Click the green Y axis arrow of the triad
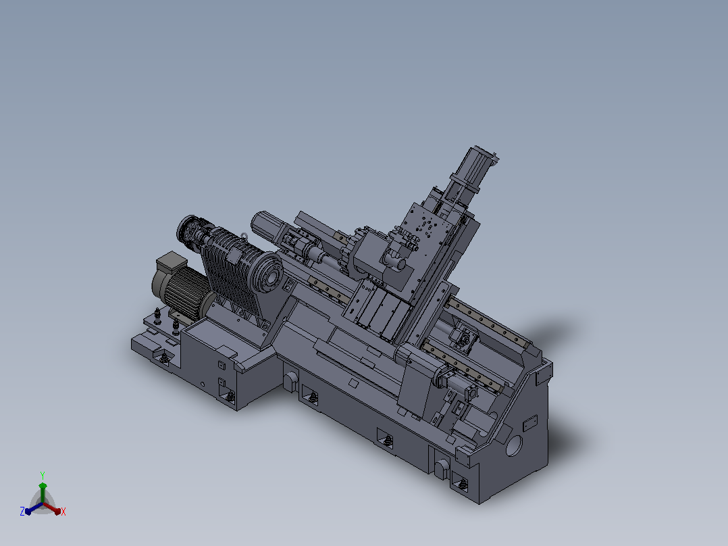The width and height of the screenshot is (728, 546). tap(43, 492)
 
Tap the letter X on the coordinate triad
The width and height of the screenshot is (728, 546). tap(63, 512)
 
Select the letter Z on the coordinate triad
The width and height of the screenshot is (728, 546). tap(22, 512)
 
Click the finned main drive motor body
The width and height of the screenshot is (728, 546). tap(184, 291)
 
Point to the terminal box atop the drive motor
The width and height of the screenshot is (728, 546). tap(172, 262)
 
